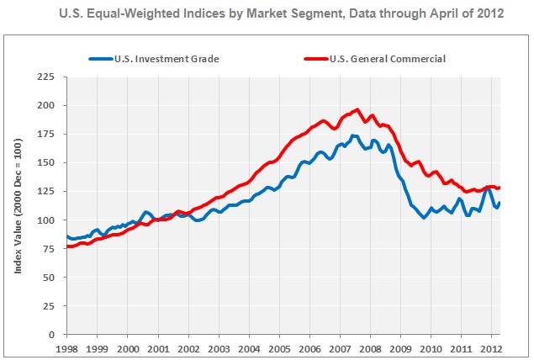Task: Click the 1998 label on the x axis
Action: [66, 347]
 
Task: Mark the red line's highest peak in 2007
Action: [357, 109]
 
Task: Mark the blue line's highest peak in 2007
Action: [354, 135]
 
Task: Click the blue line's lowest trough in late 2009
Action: [424, 217]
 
